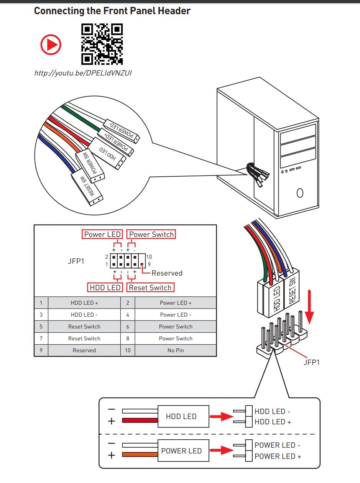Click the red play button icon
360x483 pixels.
51,44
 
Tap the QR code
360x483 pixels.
102,44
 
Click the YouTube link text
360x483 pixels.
83,72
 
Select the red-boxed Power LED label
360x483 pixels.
102,234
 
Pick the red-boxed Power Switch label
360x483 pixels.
151,234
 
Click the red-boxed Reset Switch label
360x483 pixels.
150,287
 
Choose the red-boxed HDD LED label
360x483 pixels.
105,287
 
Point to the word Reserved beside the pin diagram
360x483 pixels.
167,273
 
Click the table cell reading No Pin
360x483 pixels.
176,350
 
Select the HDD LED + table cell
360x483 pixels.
84,303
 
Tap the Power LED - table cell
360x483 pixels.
176,315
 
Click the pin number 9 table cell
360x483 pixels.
41,350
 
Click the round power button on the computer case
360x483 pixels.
300,193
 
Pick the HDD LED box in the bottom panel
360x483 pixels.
181,416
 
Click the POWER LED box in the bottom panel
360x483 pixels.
181,451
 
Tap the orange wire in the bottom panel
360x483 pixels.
140,455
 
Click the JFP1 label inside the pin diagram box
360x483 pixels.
76,261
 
